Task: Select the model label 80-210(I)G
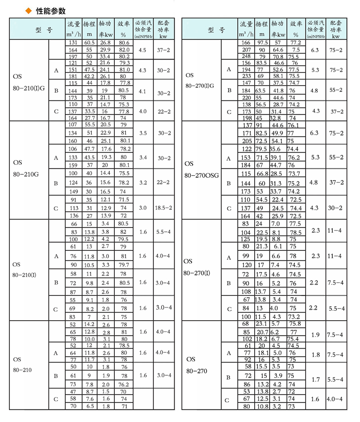(29, 88)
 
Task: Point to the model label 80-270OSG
(201, 175)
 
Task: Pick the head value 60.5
(89, 42)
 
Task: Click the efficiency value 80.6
(124, 42)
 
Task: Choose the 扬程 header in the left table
(89, 28)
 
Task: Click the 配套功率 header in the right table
(336, 28)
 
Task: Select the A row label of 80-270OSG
(229, 158)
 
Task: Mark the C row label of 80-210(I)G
(56, 111)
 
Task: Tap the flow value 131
(73, 42)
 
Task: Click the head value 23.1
(261, 324)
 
